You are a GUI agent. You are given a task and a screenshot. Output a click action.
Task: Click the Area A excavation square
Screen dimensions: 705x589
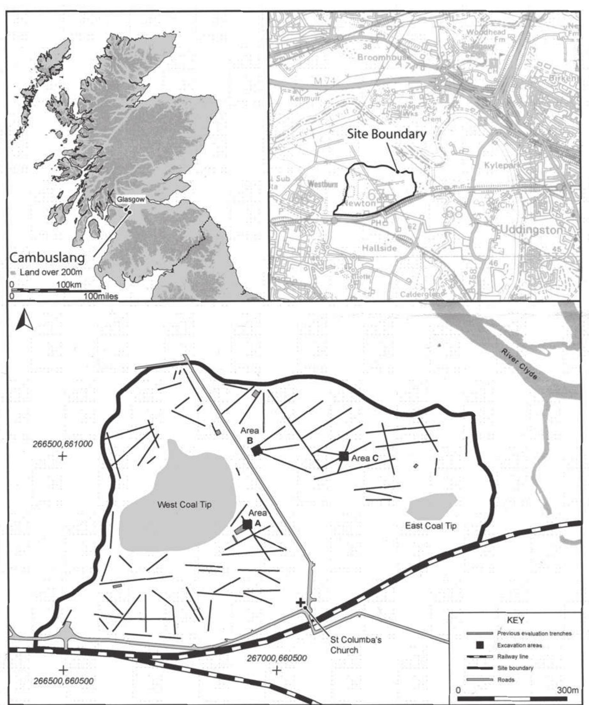pyautogui.click(x=247, y=524)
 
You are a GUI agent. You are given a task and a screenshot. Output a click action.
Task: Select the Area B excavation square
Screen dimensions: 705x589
pyautogui.click(x=256, y=450)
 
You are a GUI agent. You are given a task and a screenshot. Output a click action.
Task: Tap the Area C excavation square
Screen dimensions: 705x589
pyautogui.click(x=344, y=456)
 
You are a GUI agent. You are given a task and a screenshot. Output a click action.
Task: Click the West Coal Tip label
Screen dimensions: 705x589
pyautogui.click(x=184, y=504)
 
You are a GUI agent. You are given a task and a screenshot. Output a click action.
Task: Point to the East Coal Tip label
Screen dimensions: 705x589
pyautogui.click(x=431, y=526)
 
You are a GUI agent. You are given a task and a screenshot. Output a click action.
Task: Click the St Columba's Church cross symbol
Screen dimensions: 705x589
pyautogui.click(x=300, y=602)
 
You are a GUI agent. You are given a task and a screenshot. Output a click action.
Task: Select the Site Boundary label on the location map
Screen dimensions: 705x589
pyautogui.click(x=387, y=134)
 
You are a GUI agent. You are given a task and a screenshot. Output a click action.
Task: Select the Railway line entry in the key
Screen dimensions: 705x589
pyautogui.click(x=513, y=657)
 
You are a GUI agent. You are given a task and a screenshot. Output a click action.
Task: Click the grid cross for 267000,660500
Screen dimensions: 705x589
pyautogui.click(x=277, y=670)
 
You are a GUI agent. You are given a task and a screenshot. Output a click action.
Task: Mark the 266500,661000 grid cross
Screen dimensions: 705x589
pyautogui.click(x=63, y=456)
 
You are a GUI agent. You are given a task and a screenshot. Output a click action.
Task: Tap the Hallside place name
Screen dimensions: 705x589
pyautogui.click(x=379, y=248)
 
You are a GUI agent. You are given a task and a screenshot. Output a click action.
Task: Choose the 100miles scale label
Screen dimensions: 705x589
pyautogui.click(x=101, y=296)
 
